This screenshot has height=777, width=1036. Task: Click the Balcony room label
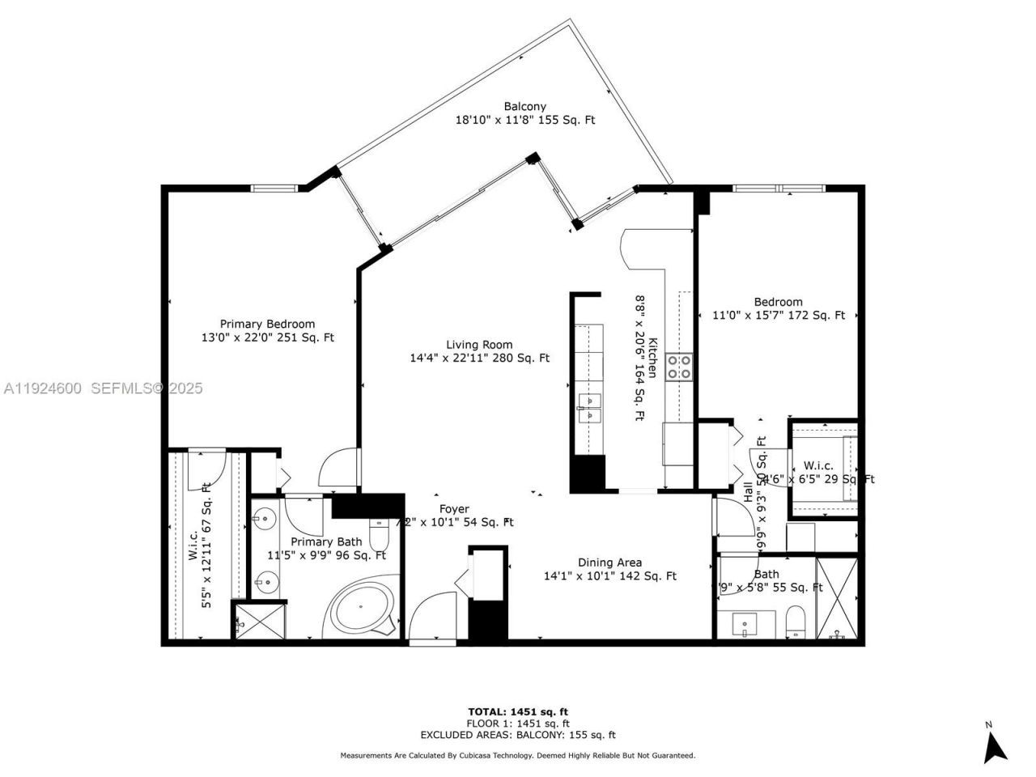[524, 107]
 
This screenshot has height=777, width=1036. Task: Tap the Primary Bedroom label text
[267, 324]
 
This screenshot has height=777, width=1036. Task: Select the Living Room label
[479, 344]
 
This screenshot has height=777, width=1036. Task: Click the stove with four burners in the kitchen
[678, 366]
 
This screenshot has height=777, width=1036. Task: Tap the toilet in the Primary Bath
[380, 534]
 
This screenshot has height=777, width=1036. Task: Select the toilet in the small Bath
[796, 622]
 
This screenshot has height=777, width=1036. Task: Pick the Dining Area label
[609, 563]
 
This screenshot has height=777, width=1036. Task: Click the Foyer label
[454, 509]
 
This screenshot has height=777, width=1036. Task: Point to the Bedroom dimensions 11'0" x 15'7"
[779, 316]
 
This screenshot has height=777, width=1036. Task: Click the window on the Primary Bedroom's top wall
[273, 189]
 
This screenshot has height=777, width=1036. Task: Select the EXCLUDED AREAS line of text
[517, 735]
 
